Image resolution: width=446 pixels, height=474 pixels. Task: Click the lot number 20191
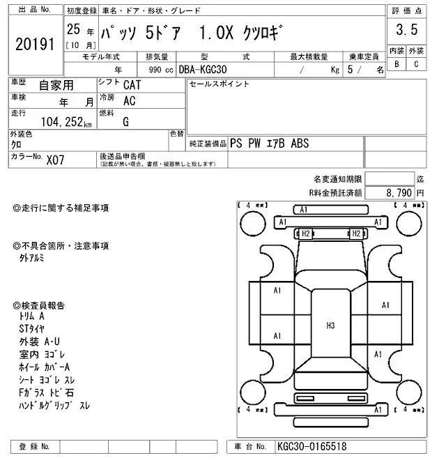click(x=34, y=45)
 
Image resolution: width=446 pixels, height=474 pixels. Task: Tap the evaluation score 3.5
click(x=406, y=30)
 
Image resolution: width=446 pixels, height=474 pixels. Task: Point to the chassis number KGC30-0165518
click(x=312, y=446)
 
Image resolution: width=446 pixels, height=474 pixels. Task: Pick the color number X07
click(x=56, y=159)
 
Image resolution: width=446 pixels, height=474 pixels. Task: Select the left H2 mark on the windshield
click(x=305, y=234)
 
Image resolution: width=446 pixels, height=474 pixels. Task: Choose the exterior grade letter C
click(x=416, y=64)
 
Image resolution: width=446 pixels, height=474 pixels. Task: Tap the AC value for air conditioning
click(x=129, y=100)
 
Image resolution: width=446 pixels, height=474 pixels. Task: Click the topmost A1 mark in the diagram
click(x=303, y=210)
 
